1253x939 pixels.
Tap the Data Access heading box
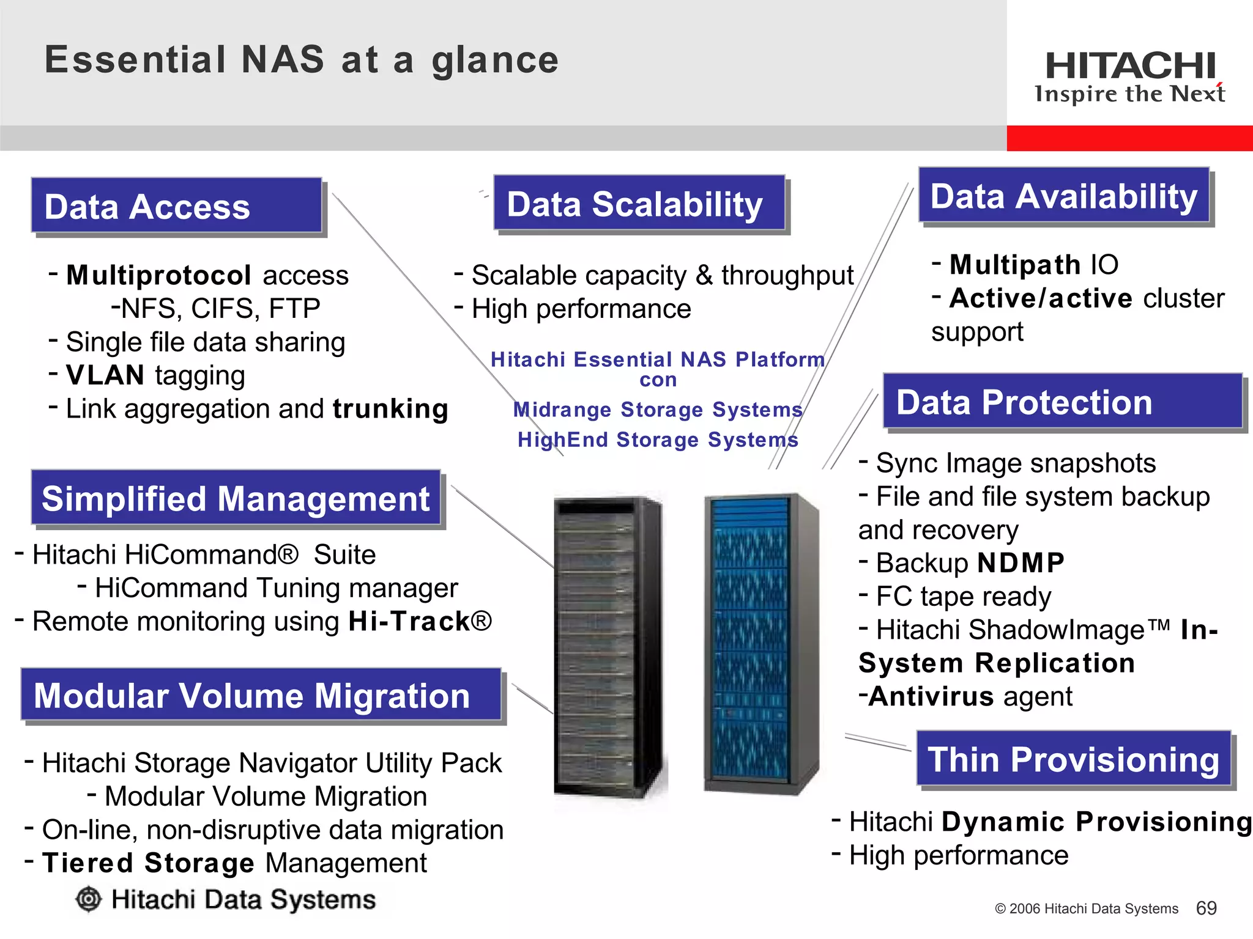point(177,206)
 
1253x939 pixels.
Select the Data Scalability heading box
point(639,204)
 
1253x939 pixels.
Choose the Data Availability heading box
point(1064,196)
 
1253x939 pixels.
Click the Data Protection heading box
point(1062,402)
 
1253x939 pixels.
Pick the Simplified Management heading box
point(236,498)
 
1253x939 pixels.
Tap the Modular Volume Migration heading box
point(261,695)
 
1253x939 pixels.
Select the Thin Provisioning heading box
point(1074,759)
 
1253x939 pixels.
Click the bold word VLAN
point(105,375)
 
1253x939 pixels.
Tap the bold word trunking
point(390,409)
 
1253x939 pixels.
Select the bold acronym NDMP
point(1021,563)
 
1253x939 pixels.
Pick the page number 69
point(1206,908)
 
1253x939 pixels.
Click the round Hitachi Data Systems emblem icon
point(89,899)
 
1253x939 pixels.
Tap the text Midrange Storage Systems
point(658,410)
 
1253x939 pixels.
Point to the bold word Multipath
point(1015,265)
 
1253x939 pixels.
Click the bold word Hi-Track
point(409,622)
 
